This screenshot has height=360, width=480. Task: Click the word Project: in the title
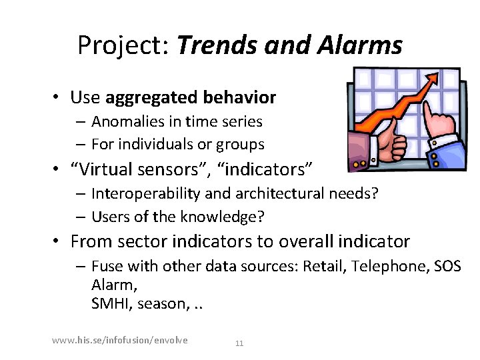[x=123, y=46]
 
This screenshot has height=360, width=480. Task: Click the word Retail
[x=323, y=267]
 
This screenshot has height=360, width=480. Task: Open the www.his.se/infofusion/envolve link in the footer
[x=120, y=341]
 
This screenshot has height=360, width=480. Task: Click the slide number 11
[x=239, y=343]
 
